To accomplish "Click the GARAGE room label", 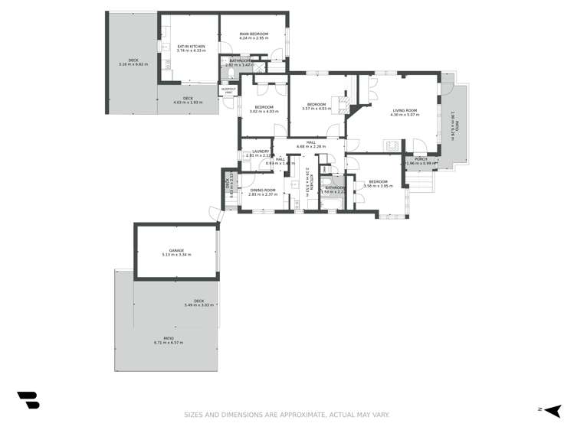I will (x=176, y=250).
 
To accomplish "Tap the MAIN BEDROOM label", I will (x=253, y=34).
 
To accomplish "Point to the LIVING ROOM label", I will (x=405, y=110).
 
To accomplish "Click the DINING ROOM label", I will (x=262, y=189).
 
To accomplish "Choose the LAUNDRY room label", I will (x=261, y=151).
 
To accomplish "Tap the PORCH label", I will (x=421, y=159).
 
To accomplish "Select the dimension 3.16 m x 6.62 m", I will (x=133, y=64).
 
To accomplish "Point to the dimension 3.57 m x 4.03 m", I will (x=317, y=109).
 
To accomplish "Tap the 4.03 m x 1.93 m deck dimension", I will (x=187, y=102).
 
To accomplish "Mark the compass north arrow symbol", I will (x=551, y=410).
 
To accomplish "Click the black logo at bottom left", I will (x=28, y=399).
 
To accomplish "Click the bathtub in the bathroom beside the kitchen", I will (x=332, y=202).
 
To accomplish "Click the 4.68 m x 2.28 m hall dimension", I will (x=311, y=146).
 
